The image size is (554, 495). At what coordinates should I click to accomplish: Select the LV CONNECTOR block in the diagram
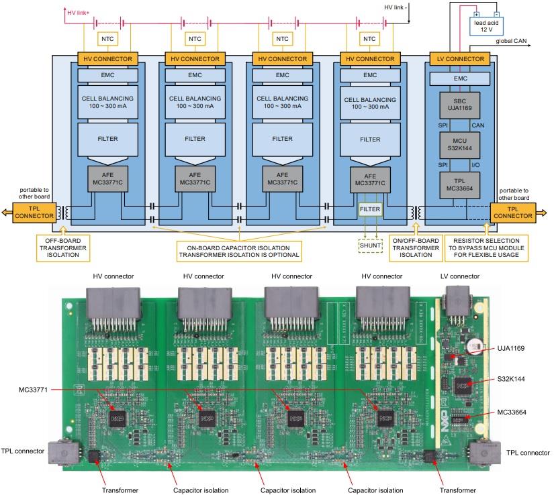461,59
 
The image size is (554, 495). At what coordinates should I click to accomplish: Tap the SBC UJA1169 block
461,105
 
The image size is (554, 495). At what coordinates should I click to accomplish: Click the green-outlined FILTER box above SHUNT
369,209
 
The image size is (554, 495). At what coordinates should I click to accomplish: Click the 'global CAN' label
511,42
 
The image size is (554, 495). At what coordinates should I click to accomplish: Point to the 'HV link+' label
79,12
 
